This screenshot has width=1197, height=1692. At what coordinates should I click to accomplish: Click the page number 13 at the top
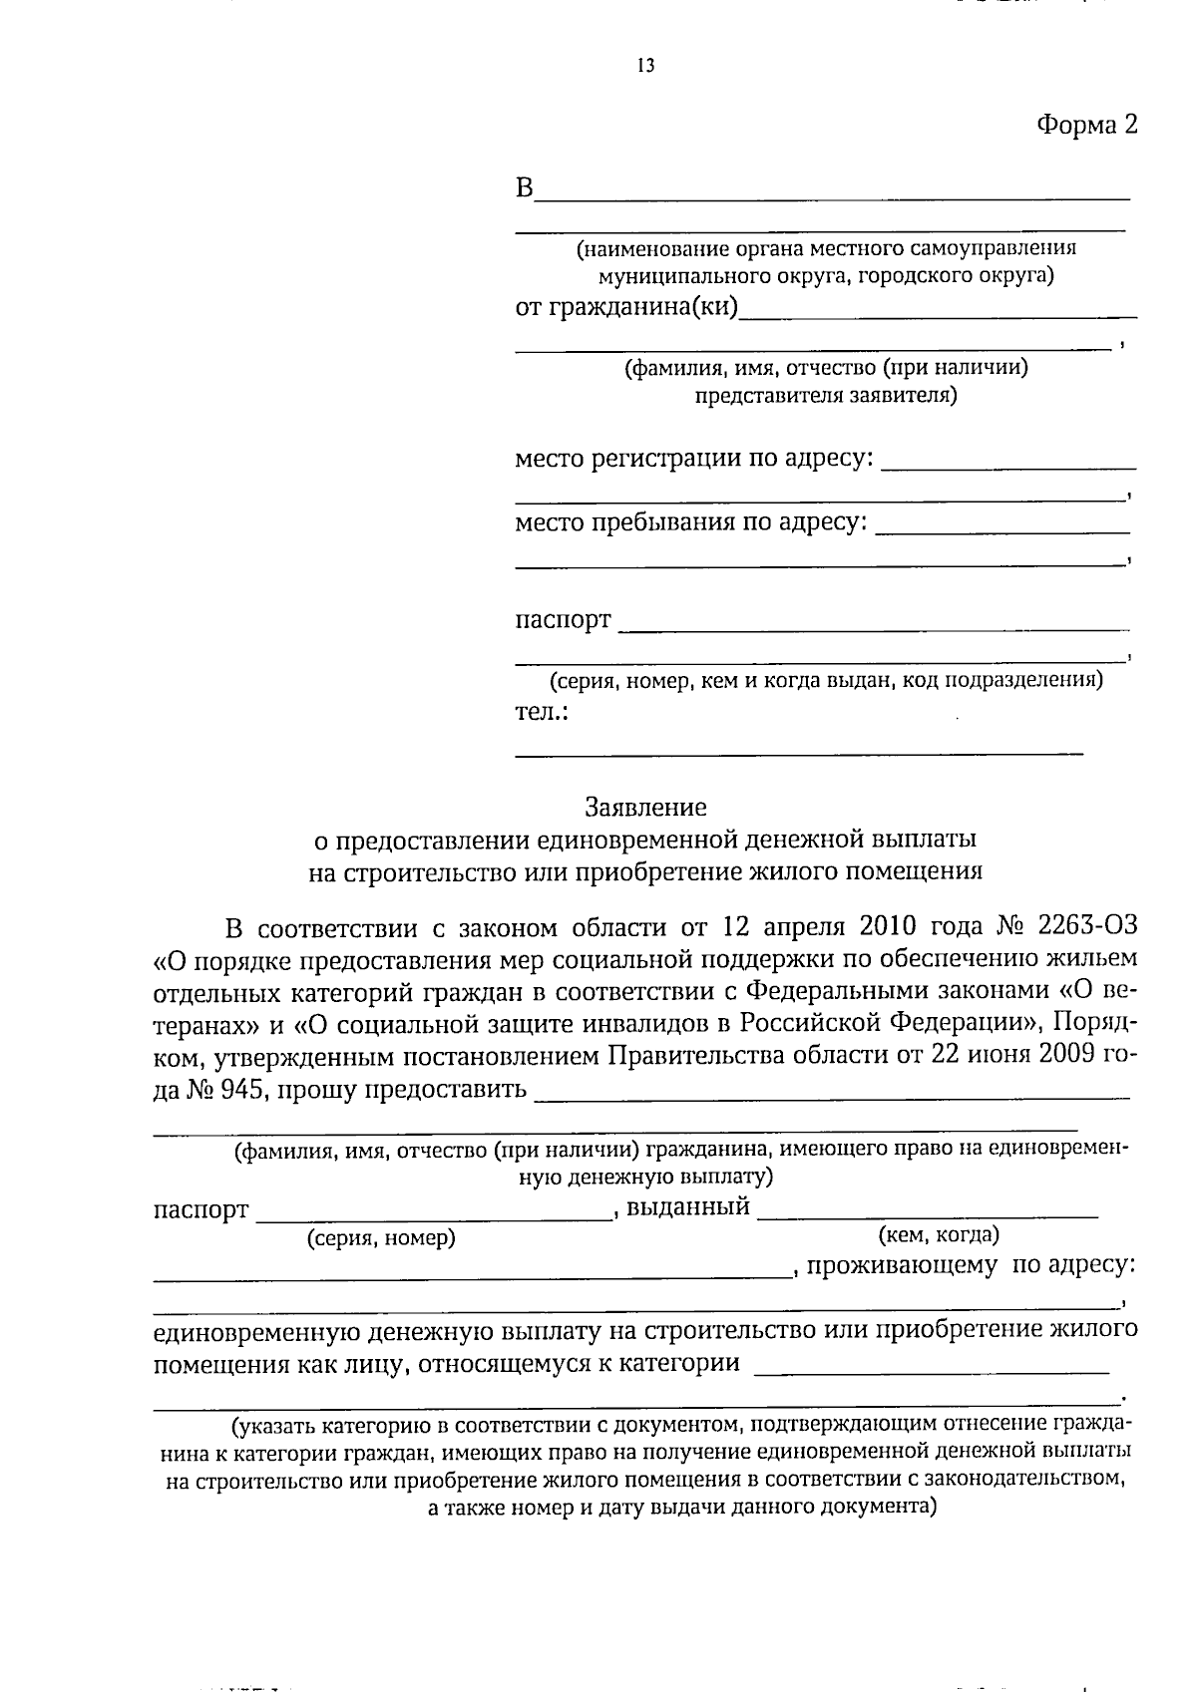click(x=644, y=67)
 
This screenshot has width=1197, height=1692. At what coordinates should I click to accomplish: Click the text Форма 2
click(x=1086, y=125)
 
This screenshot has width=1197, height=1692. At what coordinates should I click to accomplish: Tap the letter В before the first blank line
click(x=525, y=187)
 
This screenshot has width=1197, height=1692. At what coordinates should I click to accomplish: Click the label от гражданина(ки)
click(x=626, y=307)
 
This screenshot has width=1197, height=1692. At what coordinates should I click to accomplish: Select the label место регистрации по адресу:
click(x=694, y=459)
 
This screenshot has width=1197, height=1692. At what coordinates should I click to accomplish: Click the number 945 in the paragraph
click(x=240, y=1089)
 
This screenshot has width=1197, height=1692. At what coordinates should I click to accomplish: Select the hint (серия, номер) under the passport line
click(x=381, y=1238)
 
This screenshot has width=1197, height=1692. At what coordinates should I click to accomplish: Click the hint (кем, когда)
click(x=938, y=1235)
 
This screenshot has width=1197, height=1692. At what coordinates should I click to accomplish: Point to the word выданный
click(x=687, y=1207)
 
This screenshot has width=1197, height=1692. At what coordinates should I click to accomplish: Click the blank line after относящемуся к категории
click(x=932, y=1372)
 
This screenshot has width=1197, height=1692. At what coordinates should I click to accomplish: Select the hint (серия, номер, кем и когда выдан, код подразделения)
click(x=827, y=681)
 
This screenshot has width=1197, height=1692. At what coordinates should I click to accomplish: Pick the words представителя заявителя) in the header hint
click(x=825, y=396)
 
